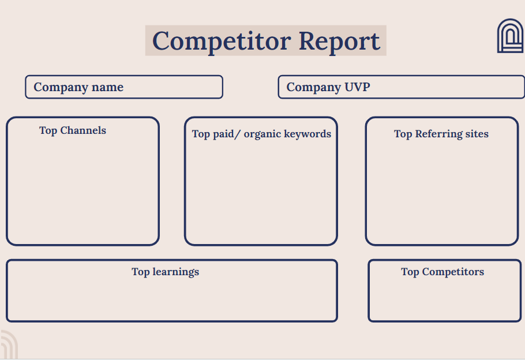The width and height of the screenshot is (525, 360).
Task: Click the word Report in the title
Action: pyautogui.click(x=339, y=41)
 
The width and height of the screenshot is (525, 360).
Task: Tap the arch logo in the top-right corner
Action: pyautogui.click(x=510, y=36)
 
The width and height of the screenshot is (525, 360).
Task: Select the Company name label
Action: pyautogui.click(x=78, y=87)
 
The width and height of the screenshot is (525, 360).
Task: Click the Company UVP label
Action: pyautogui.click(x=328, y=87)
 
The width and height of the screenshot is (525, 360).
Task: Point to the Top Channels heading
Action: pyautogui.click(x=73, y=130)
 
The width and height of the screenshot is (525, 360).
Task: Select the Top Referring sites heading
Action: pyautogui.click(x=441, y=134)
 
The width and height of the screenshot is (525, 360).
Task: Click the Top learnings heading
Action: pyautogui.click(x=165, y=272)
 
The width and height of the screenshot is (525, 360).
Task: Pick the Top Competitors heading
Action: pyautogui.click(x=442, y=272)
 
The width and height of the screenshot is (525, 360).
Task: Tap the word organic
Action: pyautogui.click(x=262, y=134)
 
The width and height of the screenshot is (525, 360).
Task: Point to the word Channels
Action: pyautogui.click(x=83, y=130)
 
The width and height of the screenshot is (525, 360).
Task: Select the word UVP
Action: pyautogui.click(x=357, y=87)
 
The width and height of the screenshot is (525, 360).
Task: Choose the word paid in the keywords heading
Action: pyautogui.click(x=223, y=134)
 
